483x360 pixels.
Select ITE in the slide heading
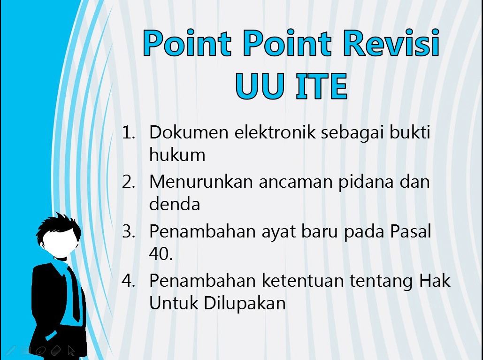click(321, 87)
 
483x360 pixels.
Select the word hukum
click(177, 154)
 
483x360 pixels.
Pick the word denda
click(174, 204)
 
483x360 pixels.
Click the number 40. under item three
click(161, 254)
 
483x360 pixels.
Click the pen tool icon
click(10, 350)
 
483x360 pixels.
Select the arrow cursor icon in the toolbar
click(71, 350)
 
